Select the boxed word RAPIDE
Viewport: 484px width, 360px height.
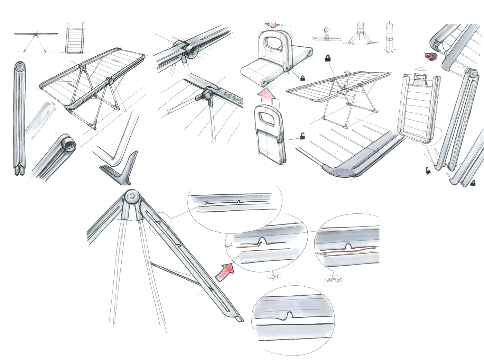click(334, 280)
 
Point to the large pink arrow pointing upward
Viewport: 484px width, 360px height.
click(266, 95)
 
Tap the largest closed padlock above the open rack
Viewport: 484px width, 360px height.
click(327, 58)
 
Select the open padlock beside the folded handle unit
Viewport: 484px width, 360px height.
click(302, 136)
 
